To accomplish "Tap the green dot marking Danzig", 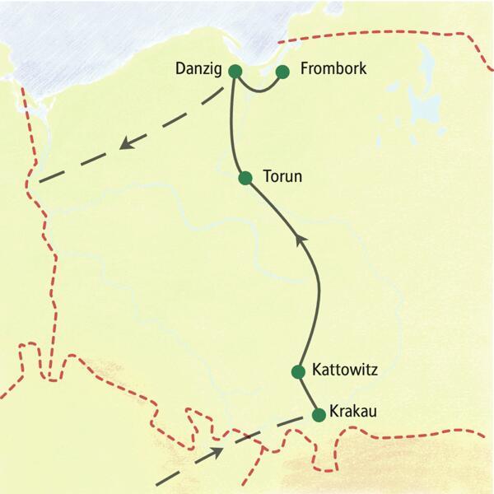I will pyautogui.click(x=235, y=72).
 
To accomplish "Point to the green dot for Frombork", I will pyautogui.click(x=282, y=72).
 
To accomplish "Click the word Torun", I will pyautogui.click(x=282, y=177).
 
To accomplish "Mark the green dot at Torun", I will pyautogui.click(x=245, y=178).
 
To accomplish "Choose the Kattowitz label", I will pyautogui.click(x=345, y=370).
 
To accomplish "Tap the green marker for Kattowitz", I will pyautogui.click(x=299, y=371).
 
